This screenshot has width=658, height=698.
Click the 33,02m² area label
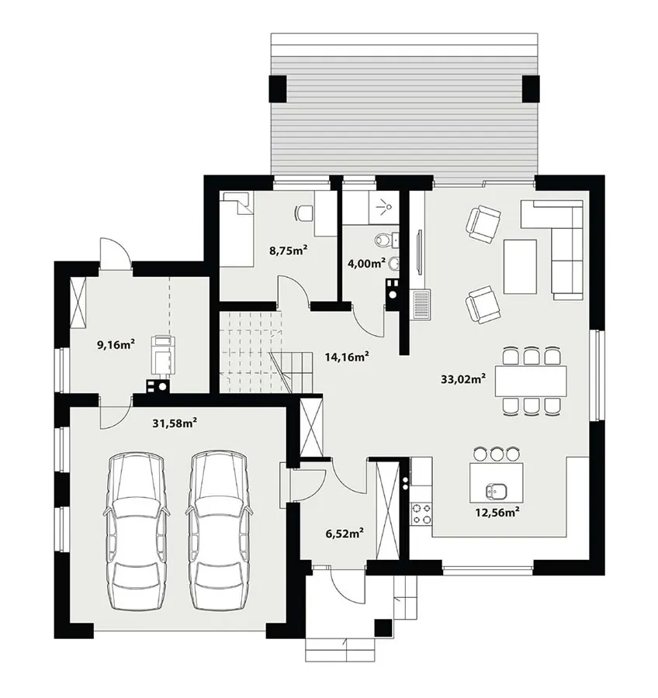coord(463,378)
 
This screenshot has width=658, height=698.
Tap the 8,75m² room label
coord(289,251)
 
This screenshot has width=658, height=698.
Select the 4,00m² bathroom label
coord(366,263)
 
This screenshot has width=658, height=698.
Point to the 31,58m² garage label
coord(175,423)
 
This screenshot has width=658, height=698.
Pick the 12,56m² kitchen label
coord(497,513)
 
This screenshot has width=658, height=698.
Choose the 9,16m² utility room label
coord(116,344)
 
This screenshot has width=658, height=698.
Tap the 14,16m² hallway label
coord(347,357)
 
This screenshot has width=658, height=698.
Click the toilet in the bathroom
coord(384,240)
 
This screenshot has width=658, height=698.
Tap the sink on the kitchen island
coord(495,491)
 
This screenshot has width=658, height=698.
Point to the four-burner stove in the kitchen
coord(421,513)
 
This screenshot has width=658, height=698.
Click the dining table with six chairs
coord(531,381)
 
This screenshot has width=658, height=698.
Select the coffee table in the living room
coord(520,266)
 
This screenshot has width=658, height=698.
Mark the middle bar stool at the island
coord(497,454)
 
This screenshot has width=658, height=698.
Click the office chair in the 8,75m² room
coord(305,213)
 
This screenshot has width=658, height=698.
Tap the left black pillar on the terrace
coord(278,88)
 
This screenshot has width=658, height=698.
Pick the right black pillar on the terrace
coord(531,88)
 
